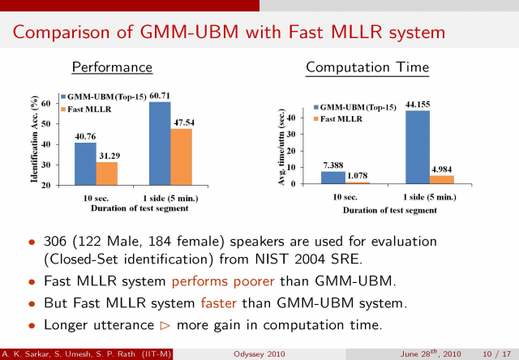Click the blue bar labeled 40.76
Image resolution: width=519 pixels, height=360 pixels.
pyautogui.click(x=85, y=163)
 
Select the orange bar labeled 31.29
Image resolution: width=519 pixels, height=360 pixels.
pyautogui.click(x=106, y=173)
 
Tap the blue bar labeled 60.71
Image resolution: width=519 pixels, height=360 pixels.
pyautogui.click(x=160, y=143)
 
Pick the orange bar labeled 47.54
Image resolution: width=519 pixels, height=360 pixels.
pyautogui.click(x=181, y=156)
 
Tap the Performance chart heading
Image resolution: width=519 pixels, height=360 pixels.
pyautogui.click(x=113, y=66)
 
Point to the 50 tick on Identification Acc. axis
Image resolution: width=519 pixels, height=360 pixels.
pyautogui.click(x=47, y=123)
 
